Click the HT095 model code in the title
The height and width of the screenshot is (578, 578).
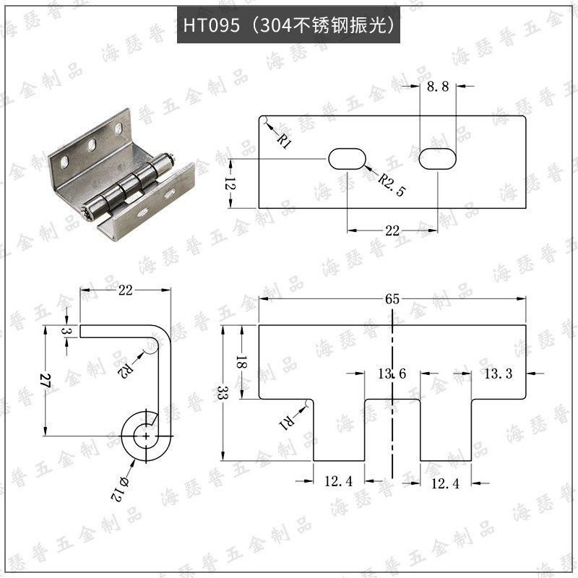[x=211, y=26]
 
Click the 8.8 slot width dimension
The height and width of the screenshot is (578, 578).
[x=438, y=86]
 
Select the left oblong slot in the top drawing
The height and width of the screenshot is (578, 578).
[x=348, y=159]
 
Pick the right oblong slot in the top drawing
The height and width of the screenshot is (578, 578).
[x=438, y=159]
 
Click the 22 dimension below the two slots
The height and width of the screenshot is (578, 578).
[x=392, y=230]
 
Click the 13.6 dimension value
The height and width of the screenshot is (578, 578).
[x=392, y=374]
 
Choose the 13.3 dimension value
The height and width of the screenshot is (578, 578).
[x=498, y=374]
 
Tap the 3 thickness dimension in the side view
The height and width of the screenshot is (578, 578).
[x=67, y=331]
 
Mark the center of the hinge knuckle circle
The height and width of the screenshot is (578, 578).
[x=147, y=436]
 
